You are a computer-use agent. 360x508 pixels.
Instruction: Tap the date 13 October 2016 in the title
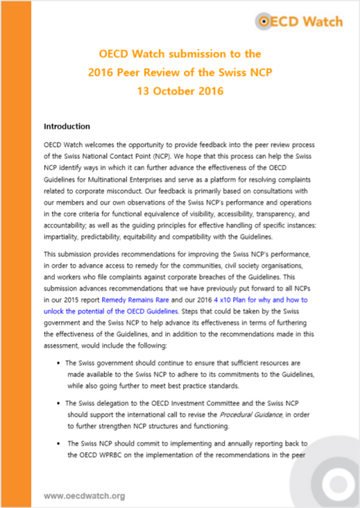(x=180, y=92)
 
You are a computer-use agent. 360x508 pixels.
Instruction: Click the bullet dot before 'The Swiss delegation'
(x=59, y=403)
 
